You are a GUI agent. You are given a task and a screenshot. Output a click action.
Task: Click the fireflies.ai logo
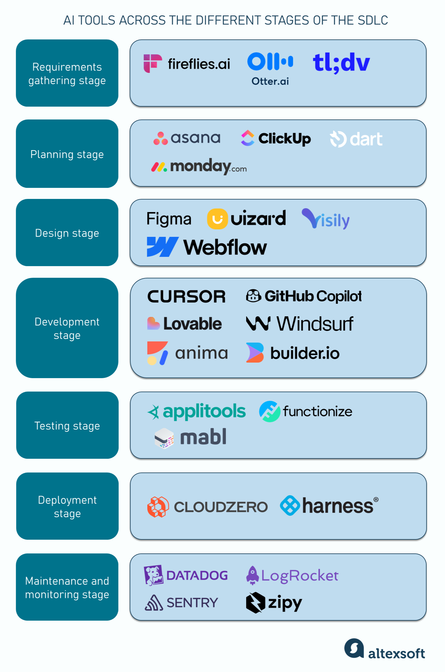[187, 64]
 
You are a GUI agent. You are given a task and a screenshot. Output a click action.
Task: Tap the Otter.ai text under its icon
[270, 81]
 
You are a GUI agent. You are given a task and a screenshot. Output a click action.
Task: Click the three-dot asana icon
[160, 138]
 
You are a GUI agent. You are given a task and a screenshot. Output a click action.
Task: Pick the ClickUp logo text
[284, 139]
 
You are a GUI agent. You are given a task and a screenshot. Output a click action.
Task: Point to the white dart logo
[356, 139]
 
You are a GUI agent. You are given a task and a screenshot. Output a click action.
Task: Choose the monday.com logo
[199, 167]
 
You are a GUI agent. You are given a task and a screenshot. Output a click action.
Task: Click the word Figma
[169, 219]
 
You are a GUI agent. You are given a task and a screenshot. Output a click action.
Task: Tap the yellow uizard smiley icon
[217, 219]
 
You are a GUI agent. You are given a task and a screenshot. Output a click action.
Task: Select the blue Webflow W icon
[162, 247]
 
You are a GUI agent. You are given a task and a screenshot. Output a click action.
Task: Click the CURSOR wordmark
[186, 297]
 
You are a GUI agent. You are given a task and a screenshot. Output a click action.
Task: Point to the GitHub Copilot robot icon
[253, 296]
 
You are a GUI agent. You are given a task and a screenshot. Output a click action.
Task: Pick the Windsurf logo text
[315, 324]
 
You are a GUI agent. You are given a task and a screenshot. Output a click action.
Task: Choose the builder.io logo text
[305, 353]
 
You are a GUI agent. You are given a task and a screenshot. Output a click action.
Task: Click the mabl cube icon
[164, 438]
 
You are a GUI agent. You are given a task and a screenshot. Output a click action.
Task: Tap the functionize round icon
[269, 412]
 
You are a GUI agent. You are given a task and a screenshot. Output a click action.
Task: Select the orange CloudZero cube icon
[158, 507]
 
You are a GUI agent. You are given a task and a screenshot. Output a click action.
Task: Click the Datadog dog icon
[153, 575]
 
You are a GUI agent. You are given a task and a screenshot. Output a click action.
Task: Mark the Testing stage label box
[67, 425]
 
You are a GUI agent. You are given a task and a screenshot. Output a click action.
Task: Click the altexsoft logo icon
[354, 648]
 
